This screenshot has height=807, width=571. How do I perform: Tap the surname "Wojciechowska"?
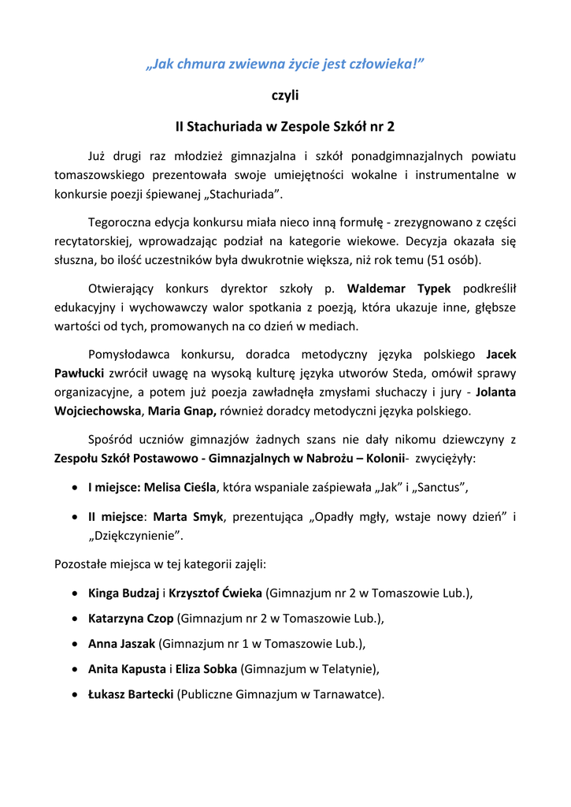pyautogui.click(x=98, y=411)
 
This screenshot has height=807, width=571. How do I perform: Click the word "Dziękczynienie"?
pyautogui.click(x=135, y=536)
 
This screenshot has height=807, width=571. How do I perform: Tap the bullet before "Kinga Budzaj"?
pyautogui.click(x=73, y=593)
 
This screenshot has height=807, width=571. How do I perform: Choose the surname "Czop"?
pyautogui.click(x=158, y=619)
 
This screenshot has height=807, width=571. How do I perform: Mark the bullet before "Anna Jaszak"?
pyautogui.click(x=73, y=644)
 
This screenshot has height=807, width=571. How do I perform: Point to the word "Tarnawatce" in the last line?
pyautogui.click(x=347, y=694)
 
